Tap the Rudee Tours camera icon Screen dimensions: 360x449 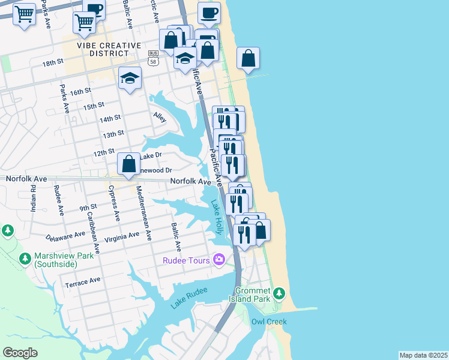[x=218, y=260]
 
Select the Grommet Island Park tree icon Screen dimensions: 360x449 [x=279, y=293]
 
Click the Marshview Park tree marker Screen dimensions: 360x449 [x=25, y=259]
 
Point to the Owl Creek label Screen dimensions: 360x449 [x=268, y=322]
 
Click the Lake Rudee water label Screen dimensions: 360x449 [x=188, y=298]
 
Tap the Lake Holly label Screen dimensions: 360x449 [x=217, y=217]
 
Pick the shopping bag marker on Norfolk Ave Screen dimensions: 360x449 [x=129, y=163]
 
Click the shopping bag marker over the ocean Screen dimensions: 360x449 [x=248, y=58]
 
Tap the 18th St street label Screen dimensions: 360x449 [x=53, y=62]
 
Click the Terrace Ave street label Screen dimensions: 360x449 [x=83, y=281]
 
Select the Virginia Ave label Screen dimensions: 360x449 [x=122, y=238]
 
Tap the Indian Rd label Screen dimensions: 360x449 [x=34, y=199]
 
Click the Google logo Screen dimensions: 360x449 [x=20, y=352]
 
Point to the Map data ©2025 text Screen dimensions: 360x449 [x=423, y=355]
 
